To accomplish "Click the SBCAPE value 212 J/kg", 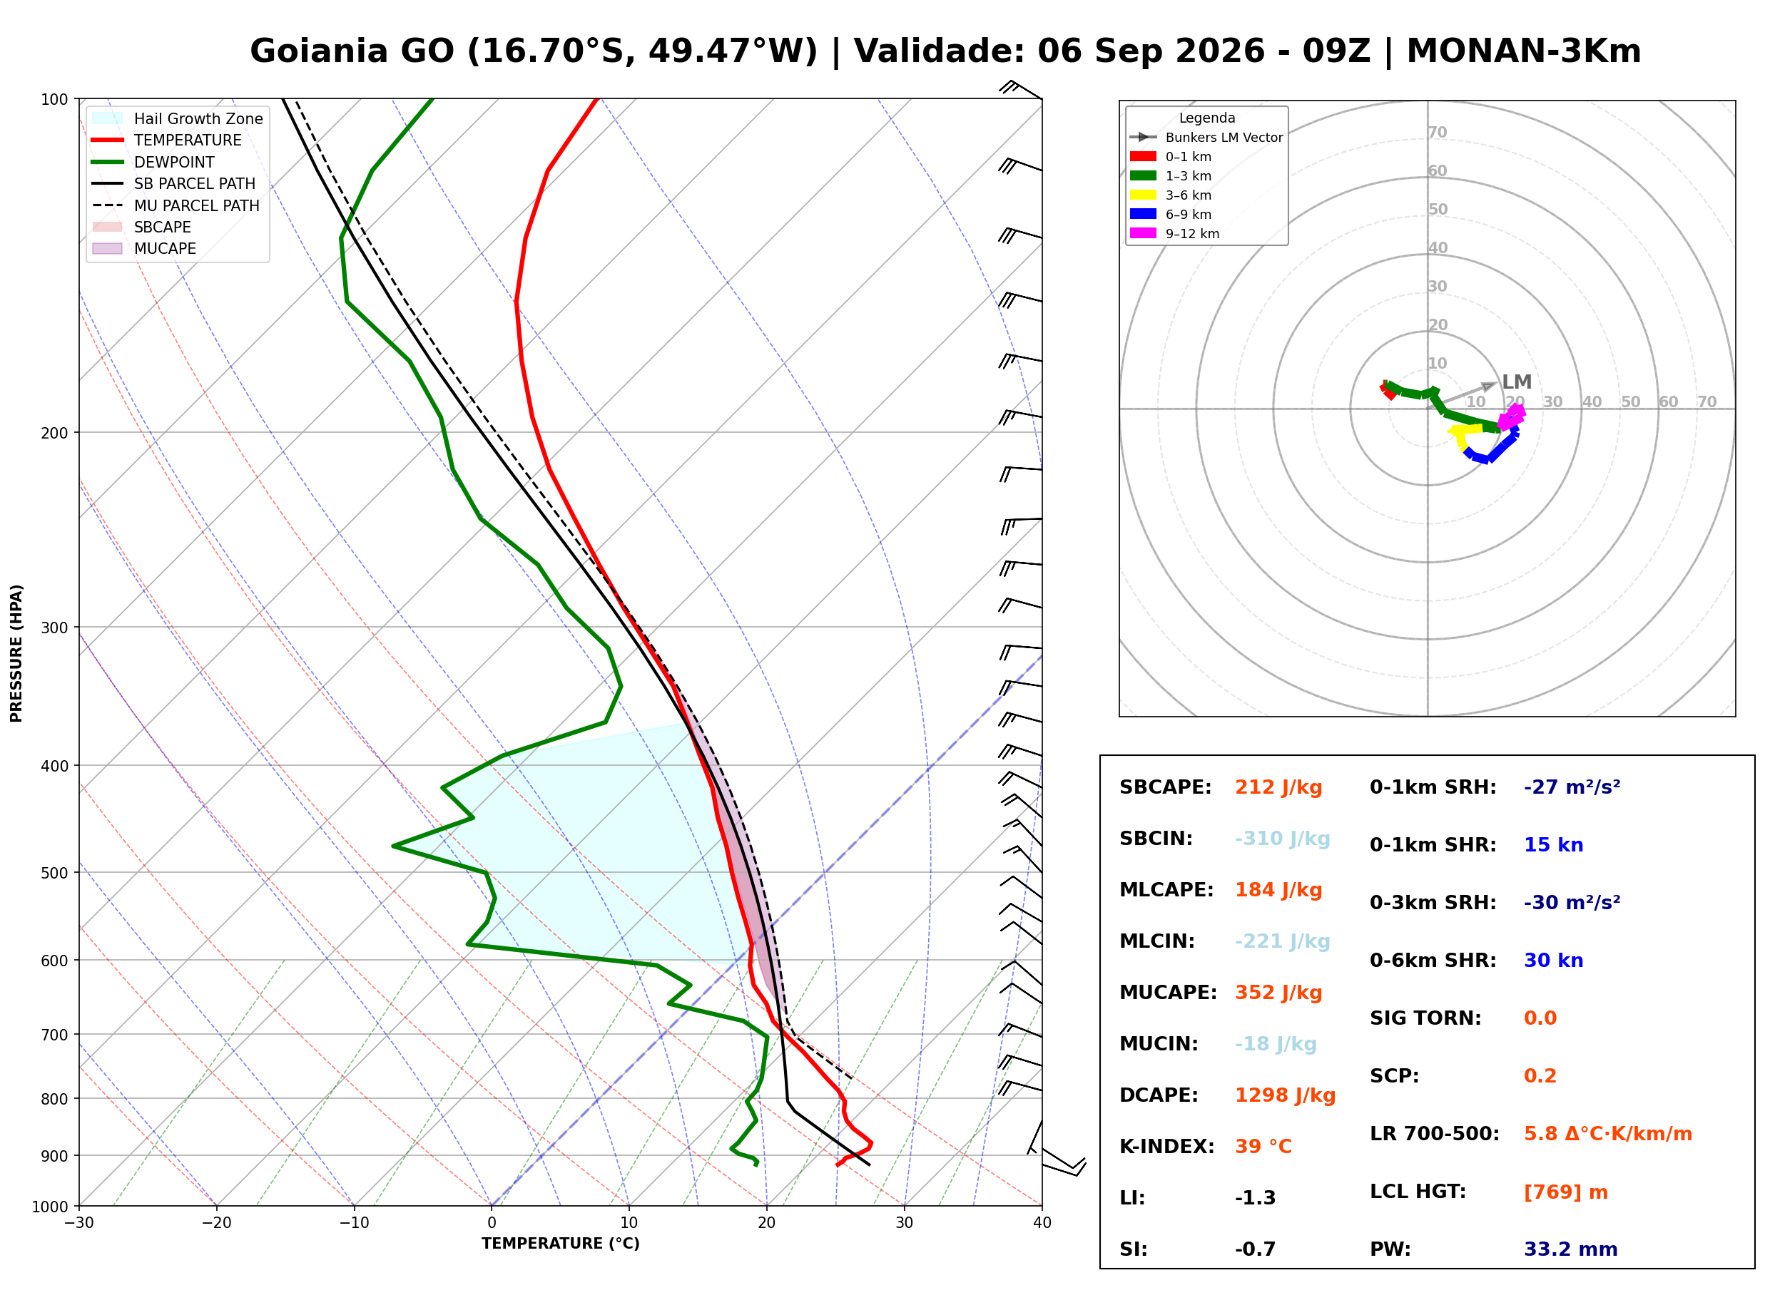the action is click(1278, 787).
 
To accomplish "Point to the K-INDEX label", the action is click(1167, 1147).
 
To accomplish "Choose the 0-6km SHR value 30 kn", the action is click(1553, 961).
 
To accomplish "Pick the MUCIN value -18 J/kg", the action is click(1275, 1044).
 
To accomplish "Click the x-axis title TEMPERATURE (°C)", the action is click(560, 1244).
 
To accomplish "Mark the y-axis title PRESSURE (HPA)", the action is click(16, 653).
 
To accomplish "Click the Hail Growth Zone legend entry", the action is click(178, 118).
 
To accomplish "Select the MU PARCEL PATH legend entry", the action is click(176, 205).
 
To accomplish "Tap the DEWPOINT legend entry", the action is click(153, 162).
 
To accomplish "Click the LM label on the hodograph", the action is click(1516, 382).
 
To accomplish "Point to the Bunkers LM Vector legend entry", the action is click(1206, 138).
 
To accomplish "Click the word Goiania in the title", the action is click(352, 51).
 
